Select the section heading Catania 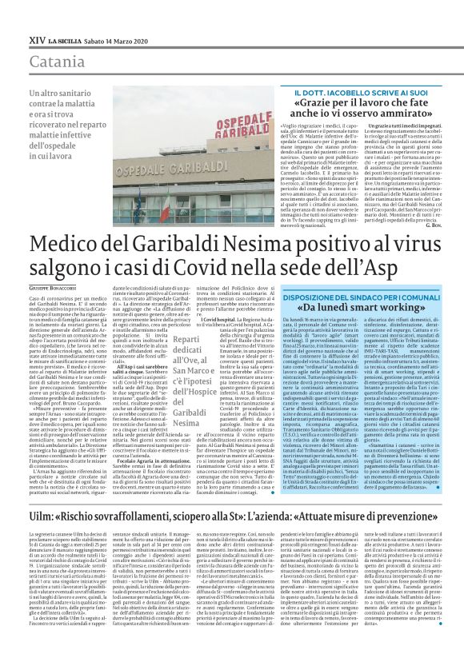pyautogui.click(x=38, y=60)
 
